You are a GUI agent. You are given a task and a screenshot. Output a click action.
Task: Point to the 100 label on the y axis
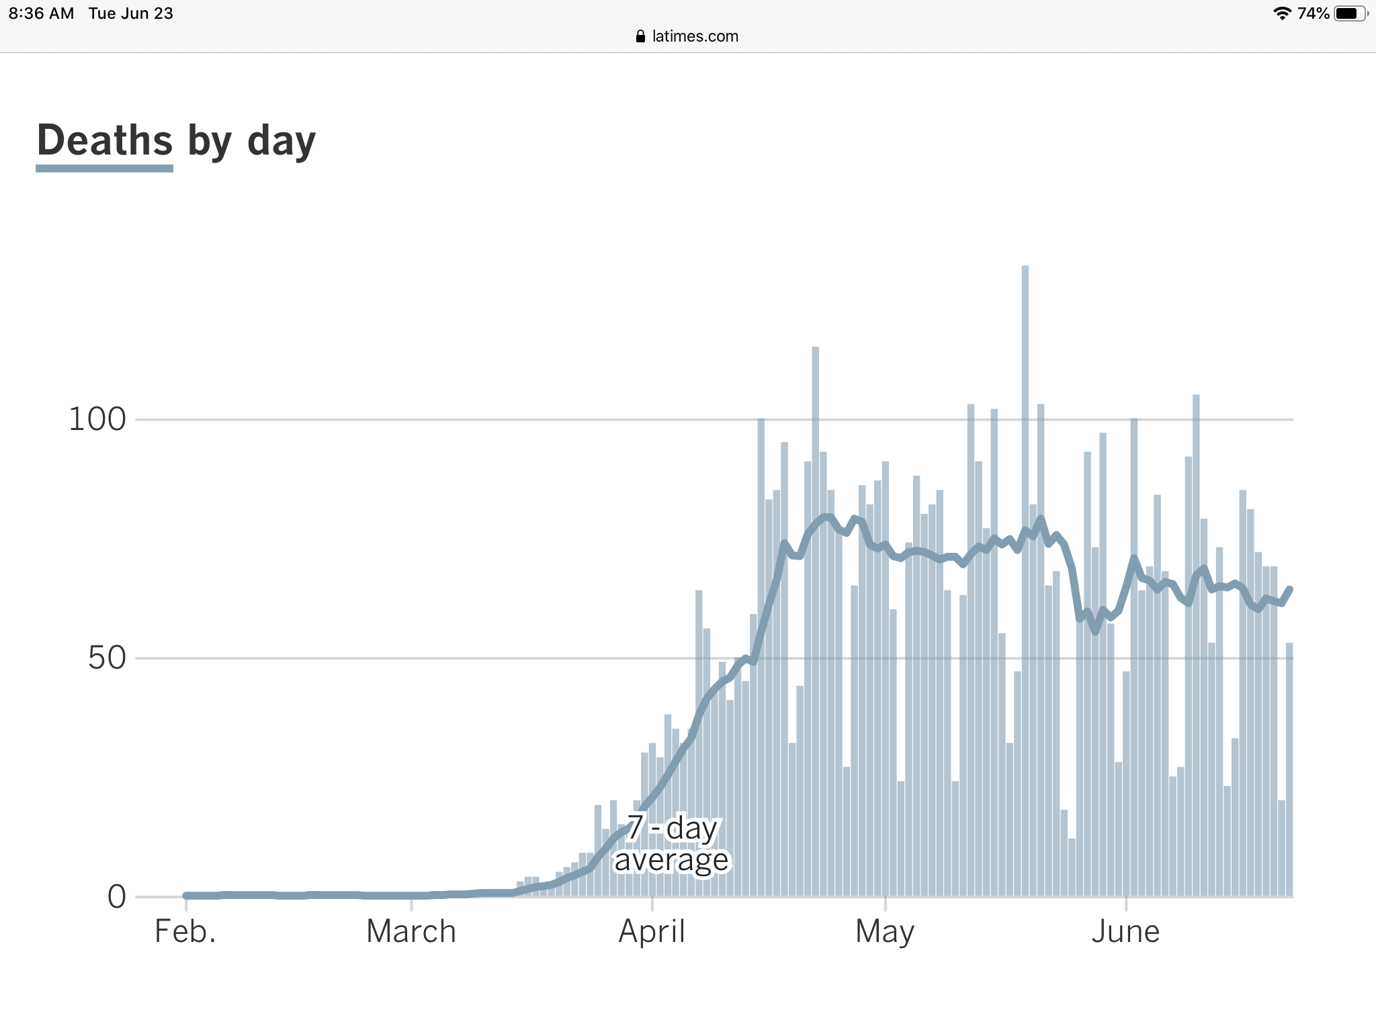(x=97, y=419)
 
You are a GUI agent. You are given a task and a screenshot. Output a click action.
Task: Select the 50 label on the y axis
(x=107, y=658)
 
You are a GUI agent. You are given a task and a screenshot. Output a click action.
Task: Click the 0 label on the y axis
(x=117, y=896)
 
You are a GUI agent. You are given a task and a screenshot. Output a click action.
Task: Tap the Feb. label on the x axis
(x=185, y=931)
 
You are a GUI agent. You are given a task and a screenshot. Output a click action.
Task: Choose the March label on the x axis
(x=411, y=931)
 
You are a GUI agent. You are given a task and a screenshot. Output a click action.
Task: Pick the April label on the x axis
(x=652, y=931)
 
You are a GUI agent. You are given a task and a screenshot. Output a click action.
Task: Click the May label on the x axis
(x=885, y=933)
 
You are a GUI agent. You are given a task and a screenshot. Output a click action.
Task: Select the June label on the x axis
(x=1125, y=931)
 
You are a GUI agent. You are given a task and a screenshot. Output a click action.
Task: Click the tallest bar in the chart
(x=1025, y=578)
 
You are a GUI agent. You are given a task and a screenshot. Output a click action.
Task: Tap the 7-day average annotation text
(x=672, y=844)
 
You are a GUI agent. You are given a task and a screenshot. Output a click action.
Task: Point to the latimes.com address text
(x=695, y=36)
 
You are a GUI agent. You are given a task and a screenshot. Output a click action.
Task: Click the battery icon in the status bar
(x=1349, y=13)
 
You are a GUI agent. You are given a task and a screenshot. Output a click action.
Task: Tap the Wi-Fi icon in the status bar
(x=1282, y=13)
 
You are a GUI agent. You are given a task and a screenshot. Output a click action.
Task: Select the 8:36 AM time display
(x=42, y=13)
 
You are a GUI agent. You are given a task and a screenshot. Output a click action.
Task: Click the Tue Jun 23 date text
(x=131, y=13)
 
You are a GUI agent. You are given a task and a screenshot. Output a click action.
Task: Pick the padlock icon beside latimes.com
(x=640, y=36)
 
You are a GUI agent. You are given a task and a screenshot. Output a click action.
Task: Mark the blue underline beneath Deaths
(x=105, y=168)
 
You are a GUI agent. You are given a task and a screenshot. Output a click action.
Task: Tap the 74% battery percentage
(x=1313, y=13)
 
